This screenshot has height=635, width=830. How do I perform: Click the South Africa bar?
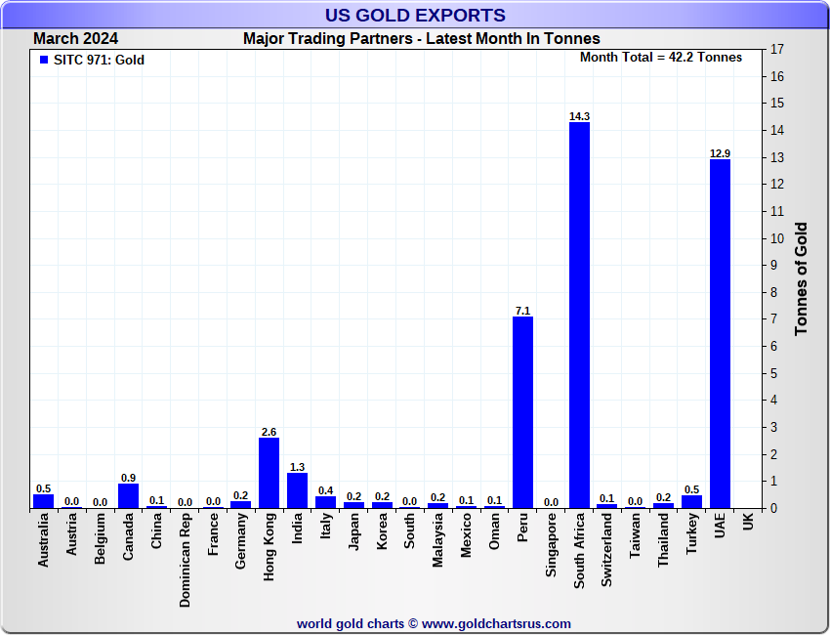[x=579, y=315]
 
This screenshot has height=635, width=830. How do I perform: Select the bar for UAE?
[x=720, y=333]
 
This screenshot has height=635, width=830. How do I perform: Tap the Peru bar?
[x=522, y=411]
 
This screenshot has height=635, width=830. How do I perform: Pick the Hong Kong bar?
[x=269, y=473]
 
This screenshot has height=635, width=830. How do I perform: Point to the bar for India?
[x=297, y=490]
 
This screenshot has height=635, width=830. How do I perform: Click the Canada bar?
[x=128, y=495]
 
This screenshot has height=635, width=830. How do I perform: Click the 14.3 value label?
[x=579, y=116]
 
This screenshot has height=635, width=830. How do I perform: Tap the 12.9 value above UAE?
[x=720, y=153]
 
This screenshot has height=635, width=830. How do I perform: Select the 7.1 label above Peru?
[x=522, y=311]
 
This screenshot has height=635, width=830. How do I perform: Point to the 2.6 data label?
[x=269, y=432]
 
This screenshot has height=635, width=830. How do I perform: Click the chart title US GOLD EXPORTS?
[x=415, y=15]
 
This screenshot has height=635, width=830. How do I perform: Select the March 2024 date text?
[x=76, y=39]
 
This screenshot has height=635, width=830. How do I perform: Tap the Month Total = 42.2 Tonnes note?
[x=660, y=58]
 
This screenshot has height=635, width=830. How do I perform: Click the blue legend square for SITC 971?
[x=43, y=61]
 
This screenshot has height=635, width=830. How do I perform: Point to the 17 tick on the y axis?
[x=777, y=50]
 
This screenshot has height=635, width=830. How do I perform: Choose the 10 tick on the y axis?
[x=777, y=238]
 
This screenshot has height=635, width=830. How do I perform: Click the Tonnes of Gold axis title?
[x=801, y=279]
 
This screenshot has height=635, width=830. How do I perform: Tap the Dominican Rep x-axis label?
[x=185, y=562]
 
